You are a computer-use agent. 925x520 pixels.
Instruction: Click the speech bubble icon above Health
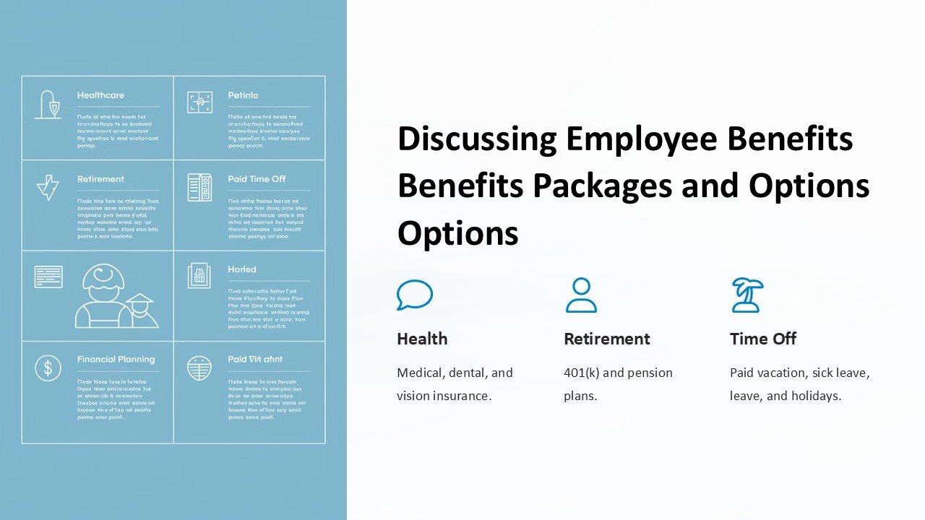(414, 295)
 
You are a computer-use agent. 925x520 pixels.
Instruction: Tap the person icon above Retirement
(581, 295)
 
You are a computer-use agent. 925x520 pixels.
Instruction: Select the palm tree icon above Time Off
(747, 295)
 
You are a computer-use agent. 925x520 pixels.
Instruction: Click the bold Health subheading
(422, 339)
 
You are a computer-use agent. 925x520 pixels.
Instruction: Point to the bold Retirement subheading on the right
(606, 339)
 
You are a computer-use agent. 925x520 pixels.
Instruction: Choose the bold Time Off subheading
(763, 339)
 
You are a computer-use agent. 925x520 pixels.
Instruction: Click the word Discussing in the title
(477, 139)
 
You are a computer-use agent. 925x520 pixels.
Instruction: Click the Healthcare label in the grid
(100, 95)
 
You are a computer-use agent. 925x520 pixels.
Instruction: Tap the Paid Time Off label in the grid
(257, 179)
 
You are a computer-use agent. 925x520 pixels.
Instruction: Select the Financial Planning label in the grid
(116, 359)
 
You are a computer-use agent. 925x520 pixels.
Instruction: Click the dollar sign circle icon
(48, 368)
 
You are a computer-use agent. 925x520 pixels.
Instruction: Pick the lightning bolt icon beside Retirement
(48, 187)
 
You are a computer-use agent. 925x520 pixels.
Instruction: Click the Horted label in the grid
(242, 269)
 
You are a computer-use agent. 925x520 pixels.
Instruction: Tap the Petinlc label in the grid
(243, 95)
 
